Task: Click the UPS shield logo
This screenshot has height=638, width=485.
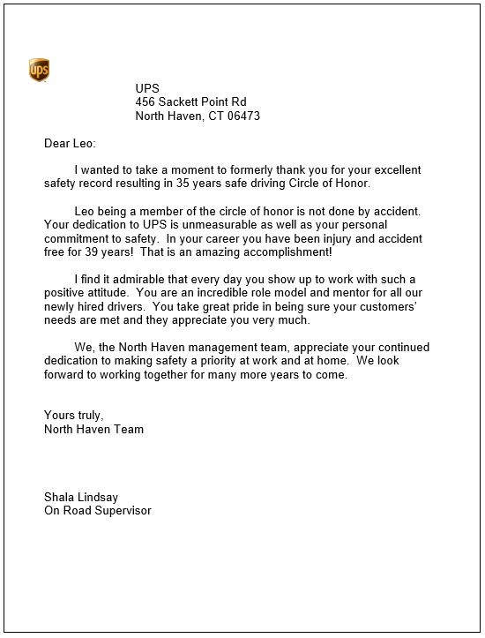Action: tap(39, 70)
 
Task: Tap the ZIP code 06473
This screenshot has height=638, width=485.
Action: tap(242, 116)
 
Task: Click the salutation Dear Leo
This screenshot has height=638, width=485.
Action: tap(70, 143)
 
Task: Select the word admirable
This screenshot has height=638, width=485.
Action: tap(150, 279)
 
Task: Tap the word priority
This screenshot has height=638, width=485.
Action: tap(217, 361)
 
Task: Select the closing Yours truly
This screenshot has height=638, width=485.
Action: tap(74, 416)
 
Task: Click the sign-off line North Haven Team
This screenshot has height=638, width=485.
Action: tap(93, 430)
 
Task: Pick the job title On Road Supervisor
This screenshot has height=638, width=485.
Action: tap(97, 511)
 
